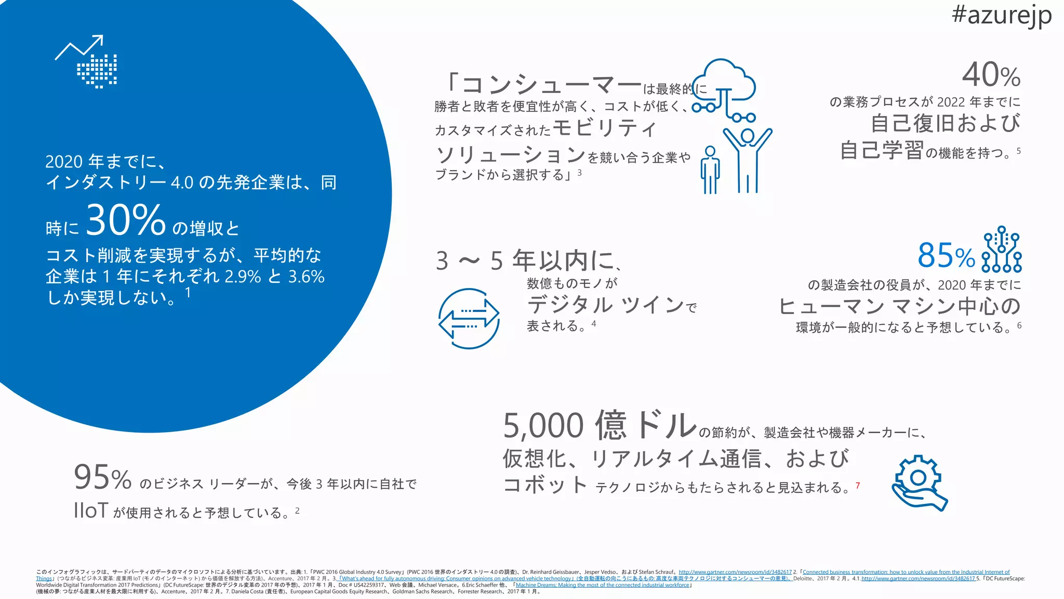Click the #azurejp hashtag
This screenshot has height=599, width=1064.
tap(1001, 16)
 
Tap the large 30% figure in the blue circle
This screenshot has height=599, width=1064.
tap(125, 220)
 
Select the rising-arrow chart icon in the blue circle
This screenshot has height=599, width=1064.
tap(86, 61)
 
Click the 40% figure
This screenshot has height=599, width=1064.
tap(991, 75)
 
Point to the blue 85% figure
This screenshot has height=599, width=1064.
tap(946, 255)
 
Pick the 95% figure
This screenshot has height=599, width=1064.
tap(102, 478)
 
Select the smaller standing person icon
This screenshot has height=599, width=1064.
tap(710, 169)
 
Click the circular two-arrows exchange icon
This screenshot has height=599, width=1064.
tap(469, 318)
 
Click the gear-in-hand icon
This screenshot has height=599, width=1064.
tap(919, 483)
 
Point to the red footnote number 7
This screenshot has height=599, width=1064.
tap(858, 485)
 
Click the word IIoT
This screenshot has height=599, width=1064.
tap(91, 511)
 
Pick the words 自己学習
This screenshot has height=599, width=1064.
tap(882, 150)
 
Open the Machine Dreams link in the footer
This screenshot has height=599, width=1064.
tap(602, 585)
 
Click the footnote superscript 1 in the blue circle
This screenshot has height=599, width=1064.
tap(188, 293)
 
